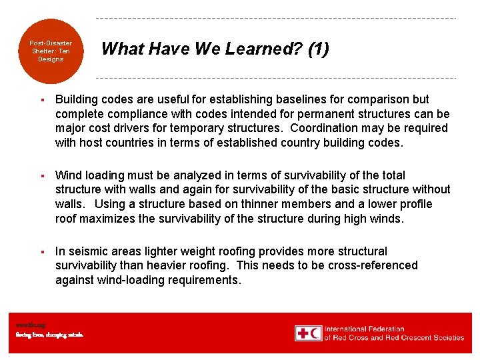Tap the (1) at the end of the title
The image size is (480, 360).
pos(318,49)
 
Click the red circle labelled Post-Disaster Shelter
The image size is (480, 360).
pos(51,51)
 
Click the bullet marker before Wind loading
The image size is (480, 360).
pos(41,175)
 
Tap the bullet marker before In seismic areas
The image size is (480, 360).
pos(41,251)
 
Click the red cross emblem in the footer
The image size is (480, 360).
pos(303,333)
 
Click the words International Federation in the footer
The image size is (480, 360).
pos(364,329)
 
